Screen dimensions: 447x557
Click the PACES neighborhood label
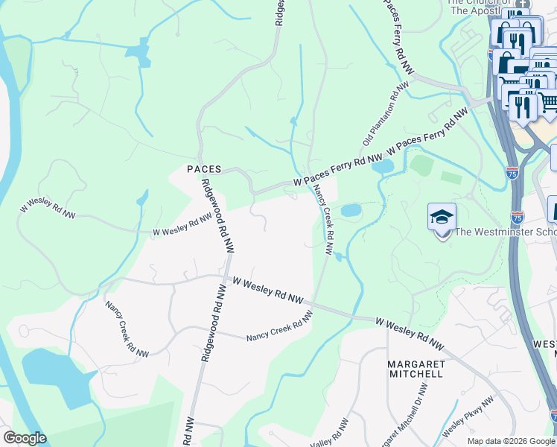pos(204,169)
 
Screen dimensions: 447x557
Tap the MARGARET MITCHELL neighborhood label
pos(416,368)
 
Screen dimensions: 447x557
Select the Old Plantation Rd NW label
pos(386,114)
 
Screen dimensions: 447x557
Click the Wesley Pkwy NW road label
pos(468,419)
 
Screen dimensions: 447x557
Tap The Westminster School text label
pos(505,232)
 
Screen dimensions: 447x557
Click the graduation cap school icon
pos(442,218)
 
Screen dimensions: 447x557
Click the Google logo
pos(25,438)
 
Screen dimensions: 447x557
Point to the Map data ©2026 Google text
pos(511,441)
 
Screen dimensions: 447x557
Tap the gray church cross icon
pos(522,4)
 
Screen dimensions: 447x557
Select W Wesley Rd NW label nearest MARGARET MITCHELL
pos(409,334)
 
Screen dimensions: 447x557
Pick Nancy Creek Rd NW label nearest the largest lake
pos(127,329)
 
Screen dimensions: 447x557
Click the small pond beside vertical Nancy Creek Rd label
pos(350,210)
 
